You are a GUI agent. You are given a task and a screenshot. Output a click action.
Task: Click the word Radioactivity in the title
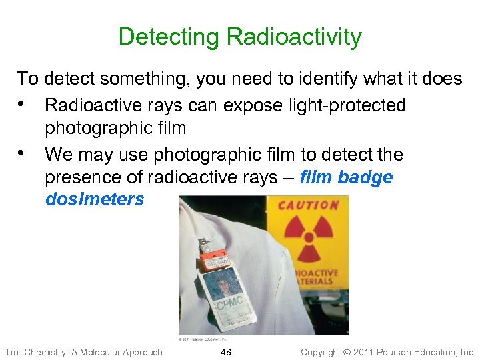click(294, 37)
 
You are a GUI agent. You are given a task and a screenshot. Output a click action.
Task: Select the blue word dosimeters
click(95, 199)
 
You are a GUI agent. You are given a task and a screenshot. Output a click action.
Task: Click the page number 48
click(226, 352)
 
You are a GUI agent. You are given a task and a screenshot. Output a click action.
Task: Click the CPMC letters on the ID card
click(227, 308)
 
